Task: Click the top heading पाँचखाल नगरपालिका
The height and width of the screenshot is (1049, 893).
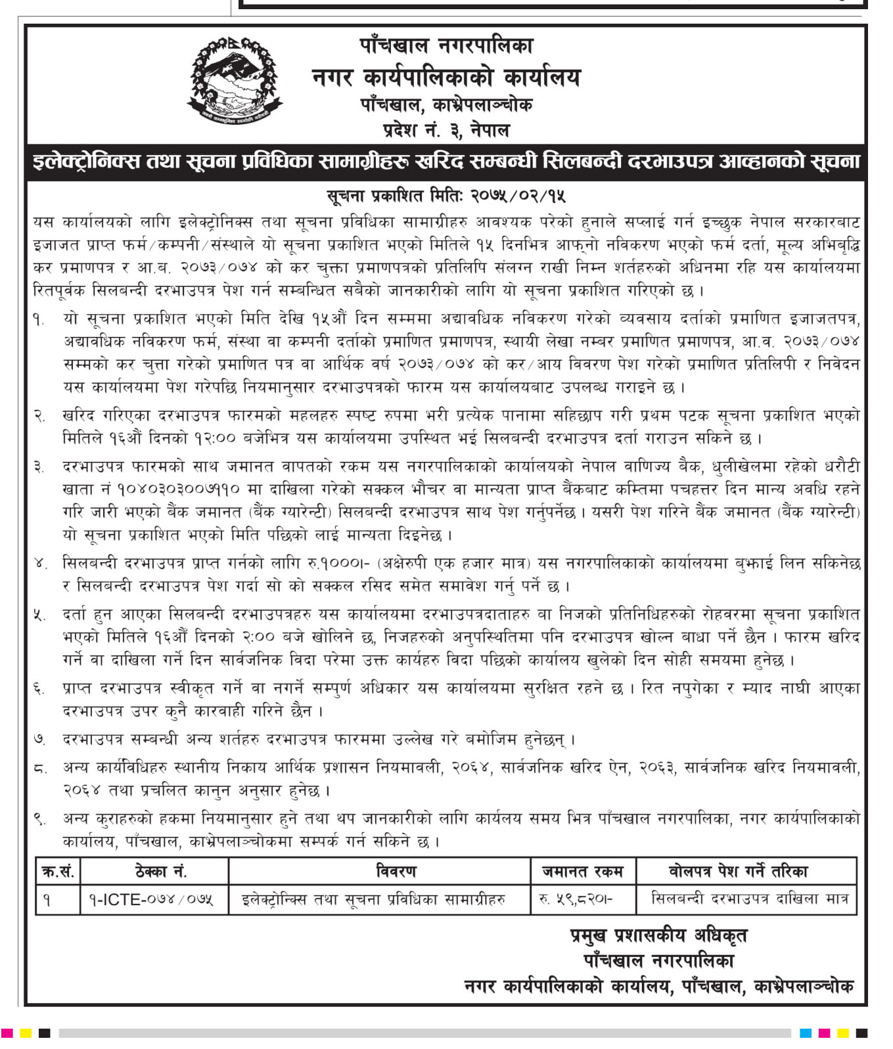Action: (446, 45)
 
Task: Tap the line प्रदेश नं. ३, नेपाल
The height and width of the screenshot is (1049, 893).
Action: (446, 129)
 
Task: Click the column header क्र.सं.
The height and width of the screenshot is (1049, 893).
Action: (58, 872)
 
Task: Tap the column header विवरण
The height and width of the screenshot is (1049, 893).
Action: (379, 872)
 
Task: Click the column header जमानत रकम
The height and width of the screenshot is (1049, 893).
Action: (583, 872)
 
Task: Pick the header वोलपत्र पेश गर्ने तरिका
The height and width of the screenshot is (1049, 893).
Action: (746, 872)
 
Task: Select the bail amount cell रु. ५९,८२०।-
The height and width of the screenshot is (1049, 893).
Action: (576, 899)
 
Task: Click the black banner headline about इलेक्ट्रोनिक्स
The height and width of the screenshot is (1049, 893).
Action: (446, 162)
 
